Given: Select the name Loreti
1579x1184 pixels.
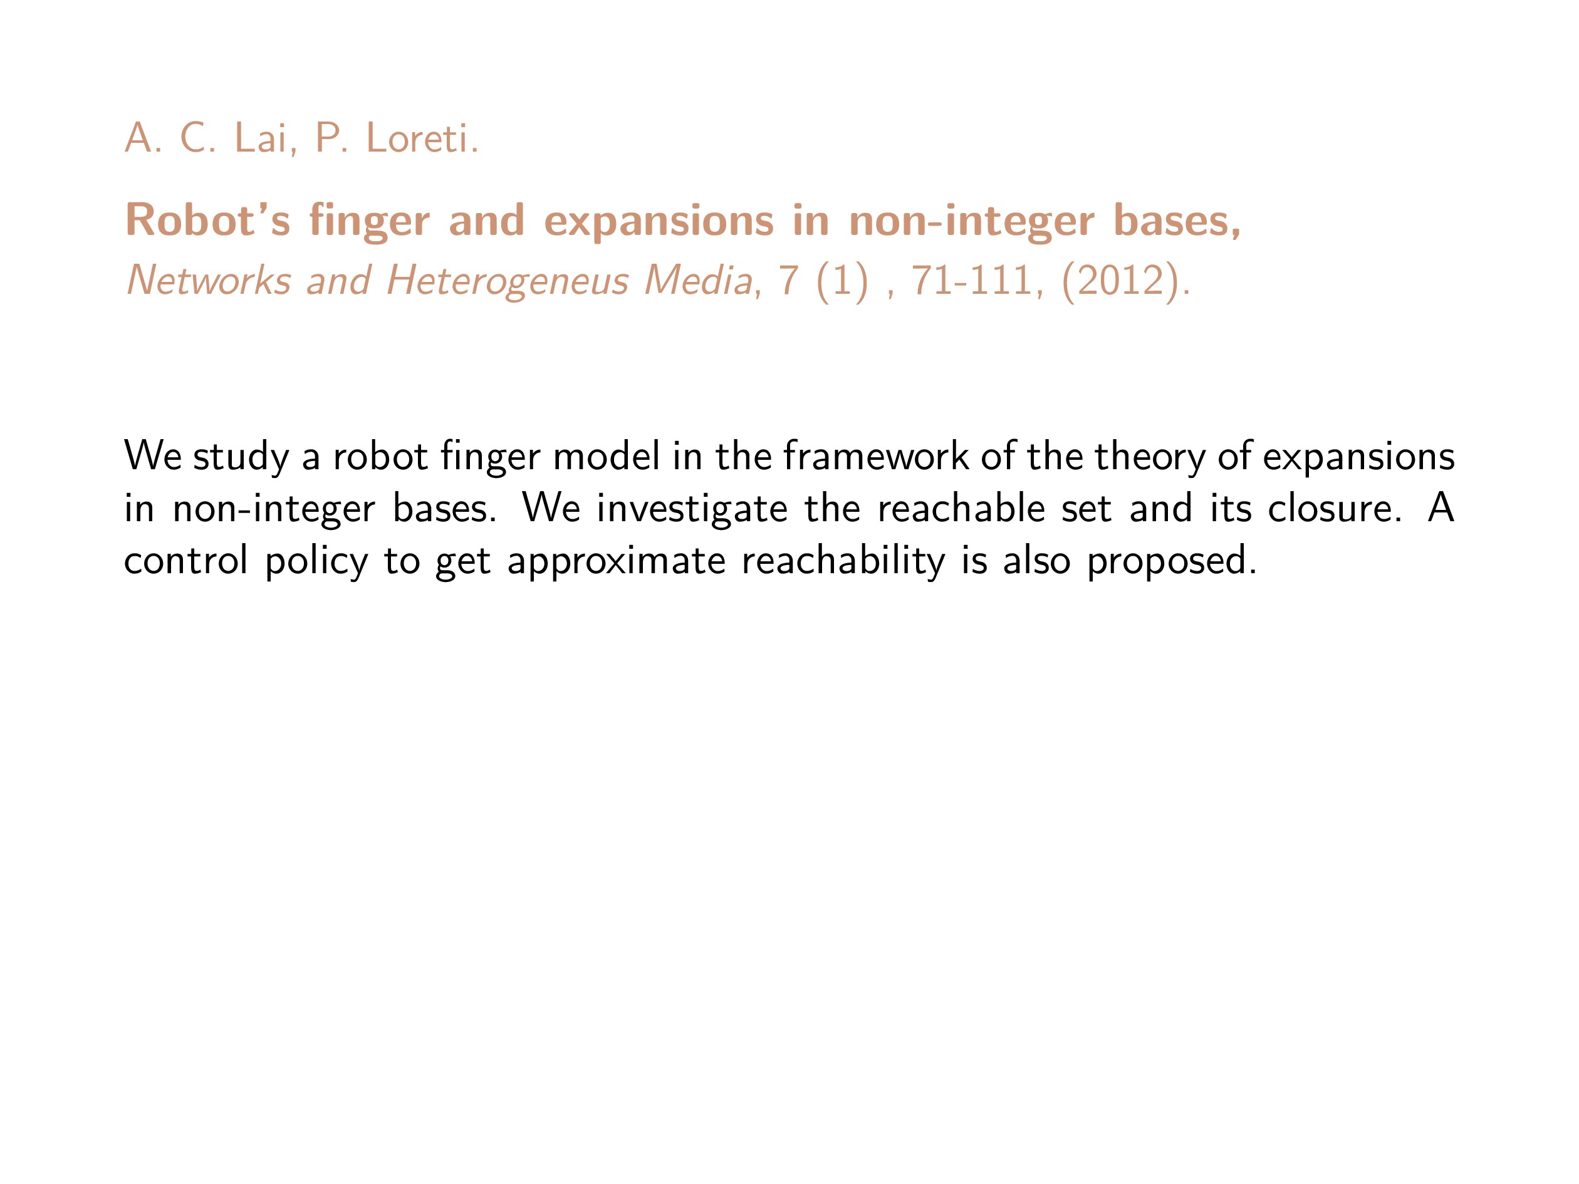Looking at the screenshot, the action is tap(422, 138).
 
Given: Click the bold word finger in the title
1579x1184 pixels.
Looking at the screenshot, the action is tap(369, 221).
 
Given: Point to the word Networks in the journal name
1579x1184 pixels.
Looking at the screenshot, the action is tap(209, 280).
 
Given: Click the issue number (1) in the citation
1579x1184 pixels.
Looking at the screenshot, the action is tap(842, 281).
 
